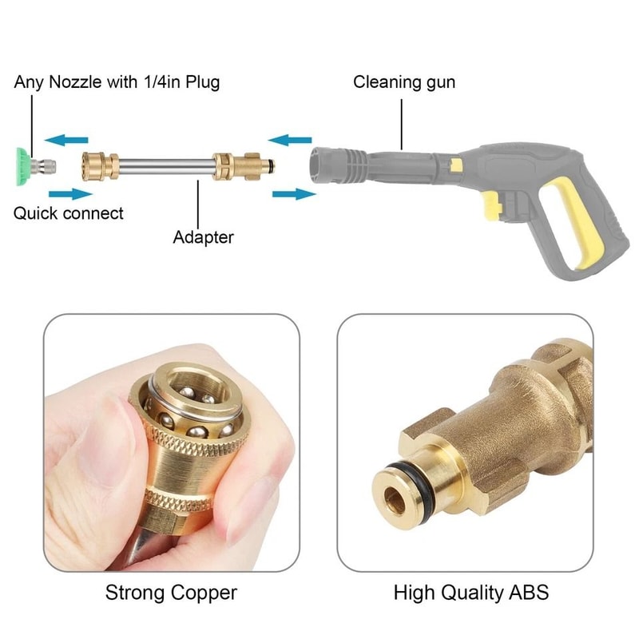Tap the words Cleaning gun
404,81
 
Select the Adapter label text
203,237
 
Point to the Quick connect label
69,213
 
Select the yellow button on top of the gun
455,165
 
